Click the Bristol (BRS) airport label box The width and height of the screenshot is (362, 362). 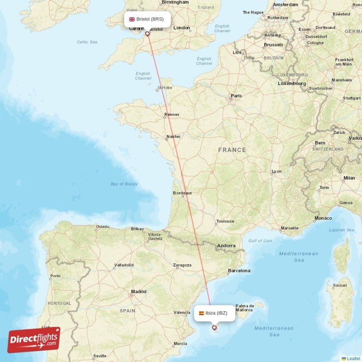point(148,19)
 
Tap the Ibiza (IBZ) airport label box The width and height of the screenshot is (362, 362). point(214,313)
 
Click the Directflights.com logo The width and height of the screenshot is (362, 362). point(34,340)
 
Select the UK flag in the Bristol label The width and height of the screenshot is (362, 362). point(132,19)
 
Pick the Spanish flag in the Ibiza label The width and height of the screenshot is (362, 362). point(201,313)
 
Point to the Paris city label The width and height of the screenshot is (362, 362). point(236,96)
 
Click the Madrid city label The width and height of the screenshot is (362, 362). point(138,292)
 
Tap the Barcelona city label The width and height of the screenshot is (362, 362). point(239,271)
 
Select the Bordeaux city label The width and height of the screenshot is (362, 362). point(182,193)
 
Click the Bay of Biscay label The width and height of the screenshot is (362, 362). point(124,184)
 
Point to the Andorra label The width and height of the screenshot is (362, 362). point(226,246)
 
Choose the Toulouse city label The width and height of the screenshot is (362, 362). point(225,221)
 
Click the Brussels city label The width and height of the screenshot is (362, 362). point(273,45)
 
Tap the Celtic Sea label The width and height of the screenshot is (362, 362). point(87,42)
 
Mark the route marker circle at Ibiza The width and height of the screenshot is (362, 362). point(214,327)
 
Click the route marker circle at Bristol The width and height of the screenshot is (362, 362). point(147,33)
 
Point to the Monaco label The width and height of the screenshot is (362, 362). point(323,218)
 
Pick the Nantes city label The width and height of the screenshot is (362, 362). point(173,136)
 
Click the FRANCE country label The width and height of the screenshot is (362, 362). point(232,150)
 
